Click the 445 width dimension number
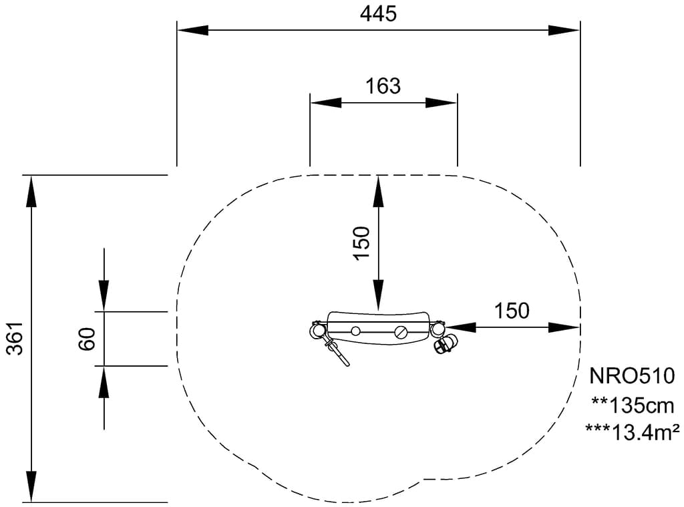tap(378, 14)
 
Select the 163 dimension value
tap(383, 86)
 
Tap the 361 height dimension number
tap(16, 338)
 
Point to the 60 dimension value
tap(88, 339)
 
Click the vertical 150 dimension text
tap(362, 243)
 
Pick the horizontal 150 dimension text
tap(512, 311)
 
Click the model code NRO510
tap(632, 375)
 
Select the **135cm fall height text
tap(633, 405)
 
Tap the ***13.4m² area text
tap(632, 432)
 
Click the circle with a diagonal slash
tap(401, 333)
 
